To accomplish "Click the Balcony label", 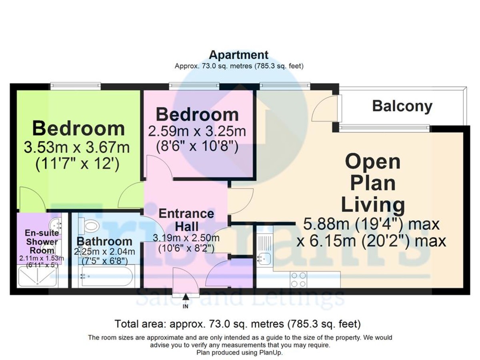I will (402, 106).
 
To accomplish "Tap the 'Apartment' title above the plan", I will (239, 54).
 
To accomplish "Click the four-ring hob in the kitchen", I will (299, 279).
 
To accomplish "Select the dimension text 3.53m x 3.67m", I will (77, 148).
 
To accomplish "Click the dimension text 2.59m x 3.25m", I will (197, 131).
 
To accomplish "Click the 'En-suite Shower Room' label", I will (42, 242).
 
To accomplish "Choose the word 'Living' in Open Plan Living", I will (372, 205).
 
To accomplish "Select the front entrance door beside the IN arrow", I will (186, 280).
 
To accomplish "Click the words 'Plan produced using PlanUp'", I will (240, 352).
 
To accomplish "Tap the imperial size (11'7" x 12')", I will (77, 165).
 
